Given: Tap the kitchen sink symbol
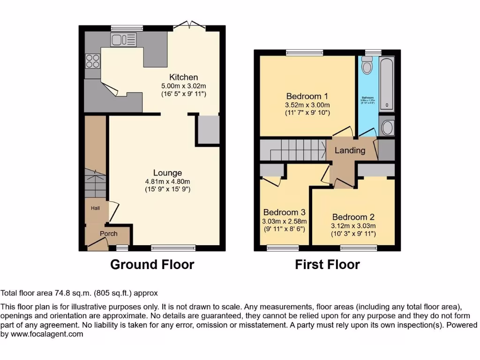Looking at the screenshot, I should click(123, 40).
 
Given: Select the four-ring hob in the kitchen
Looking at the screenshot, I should click(92, 61).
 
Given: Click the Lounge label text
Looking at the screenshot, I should click(167, 173).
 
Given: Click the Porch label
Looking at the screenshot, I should click(108, 233).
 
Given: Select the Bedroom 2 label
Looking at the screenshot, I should click(353, 217).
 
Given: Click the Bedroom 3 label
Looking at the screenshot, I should click(285, 212).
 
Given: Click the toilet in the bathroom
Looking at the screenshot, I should click(367, 66).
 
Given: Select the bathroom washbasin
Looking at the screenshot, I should click(387, 127).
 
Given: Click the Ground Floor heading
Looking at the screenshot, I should click(152, 264).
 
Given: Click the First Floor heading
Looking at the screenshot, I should click(327, 264).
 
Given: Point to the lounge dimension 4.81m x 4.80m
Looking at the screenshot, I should click(167, 181).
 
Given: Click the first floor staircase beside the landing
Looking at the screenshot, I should click(293, 150).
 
